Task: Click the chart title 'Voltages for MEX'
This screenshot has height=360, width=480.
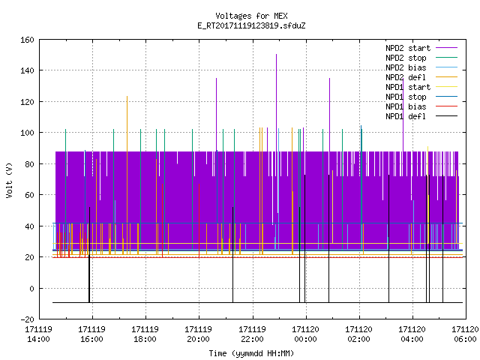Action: tap(251, 16)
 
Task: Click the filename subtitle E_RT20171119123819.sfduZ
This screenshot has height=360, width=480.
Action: tap(251, 25)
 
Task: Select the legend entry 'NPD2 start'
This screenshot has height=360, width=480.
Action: tap(408, 48)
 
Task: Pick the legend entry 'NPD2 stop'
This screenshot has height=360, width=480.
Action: tap(406, 58)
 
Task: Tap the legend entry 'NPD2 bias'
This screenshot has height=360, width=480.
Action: tap(406, 67)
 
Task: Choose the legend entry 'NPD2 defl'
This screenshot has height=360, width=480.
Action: tap(406, 77)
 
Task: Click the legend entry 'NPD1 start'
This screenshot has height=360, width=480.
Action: tap(408, 87)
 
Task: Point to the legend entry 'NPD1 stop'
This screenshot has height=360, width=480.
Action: tap(406, 97)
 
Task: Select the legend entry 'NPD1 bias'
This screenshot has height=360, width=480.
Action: tap(406, 106)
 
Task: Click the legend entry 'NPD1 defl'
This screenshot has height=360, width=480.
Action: tap(406, 117)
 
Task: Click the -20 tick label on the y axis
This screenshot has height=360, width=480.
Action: tap(27, 319)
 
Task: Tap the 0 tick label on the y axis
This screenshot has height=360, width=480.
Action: tap(31, 288)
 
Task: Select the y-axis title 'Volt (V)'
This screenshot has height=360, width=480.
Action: tap(9, 180)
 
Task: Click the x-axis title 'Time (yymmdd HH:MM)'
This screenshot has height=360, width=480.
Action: tap(251, 353)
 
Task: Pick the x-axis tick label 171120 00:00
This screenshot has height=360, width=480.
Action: tap(305, 334)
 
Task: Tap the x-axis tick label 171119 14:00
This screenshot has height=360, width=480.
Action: tap(38, 334)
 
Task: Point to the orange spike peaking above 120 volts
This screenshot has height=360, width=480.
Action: tap(127, 175)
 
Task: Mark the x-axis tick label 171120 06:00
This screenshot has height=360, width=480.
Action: tap(465, 334)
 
